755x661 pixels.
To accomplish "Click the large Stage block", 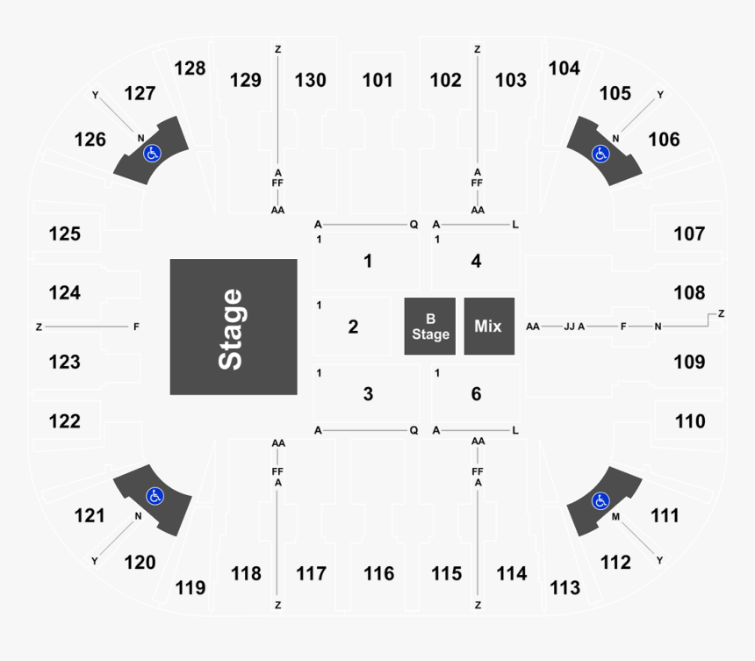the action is tap(234, 327).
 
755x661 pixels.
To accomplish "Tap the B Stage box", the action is tap(430, 327).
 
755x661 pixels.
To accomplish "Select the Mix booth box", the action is tap(489, 327).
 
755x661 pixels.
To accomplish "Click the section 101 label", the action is tap(377, 80).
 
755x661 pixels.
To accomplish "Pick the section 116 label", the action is tap(379, 573).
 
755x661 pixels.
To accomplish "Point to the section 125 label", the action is tap(64, 234).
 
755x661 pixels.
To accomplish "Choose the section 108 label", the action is tap(689, 292).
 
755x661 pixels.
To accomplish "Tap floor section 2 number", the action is tap(354, 327).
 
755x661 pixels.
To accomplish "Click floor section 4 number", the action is tap(476, 261).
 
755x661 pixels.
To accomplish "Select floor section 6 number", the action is tap(476, 394).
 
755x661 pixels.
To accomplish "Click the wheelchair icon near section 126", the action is tap(152, 154).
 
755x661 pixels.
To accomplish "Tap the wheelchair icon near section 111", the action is tap(600, 500).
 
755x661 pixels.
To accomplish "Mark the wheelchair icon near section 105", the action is tap(600, 154).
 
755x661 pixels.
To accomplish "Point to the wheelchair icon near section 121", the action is tap(155, 496).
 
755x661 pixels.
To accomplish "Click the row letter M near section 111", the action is tap(615, 517).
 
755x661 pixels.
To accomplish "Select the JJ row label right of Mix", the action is tap(569, 327).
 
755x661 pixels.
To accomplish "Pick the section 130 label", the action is tap(311, 80).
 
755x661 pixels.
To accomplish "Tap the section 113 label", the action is tap(564, 587).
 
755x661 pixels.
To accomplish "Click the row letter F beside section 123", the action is tap(136, 327).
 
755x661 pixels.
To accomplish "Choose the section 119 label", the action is tap(191, 587).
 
